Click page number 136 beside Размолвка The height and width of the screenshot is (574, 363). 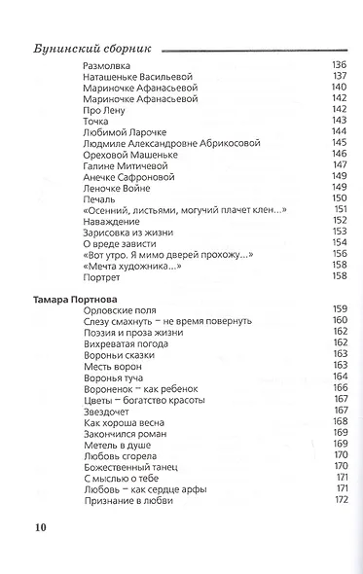(340, 64)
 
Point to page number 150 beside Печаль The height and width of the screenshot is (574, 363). (340, 197)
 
